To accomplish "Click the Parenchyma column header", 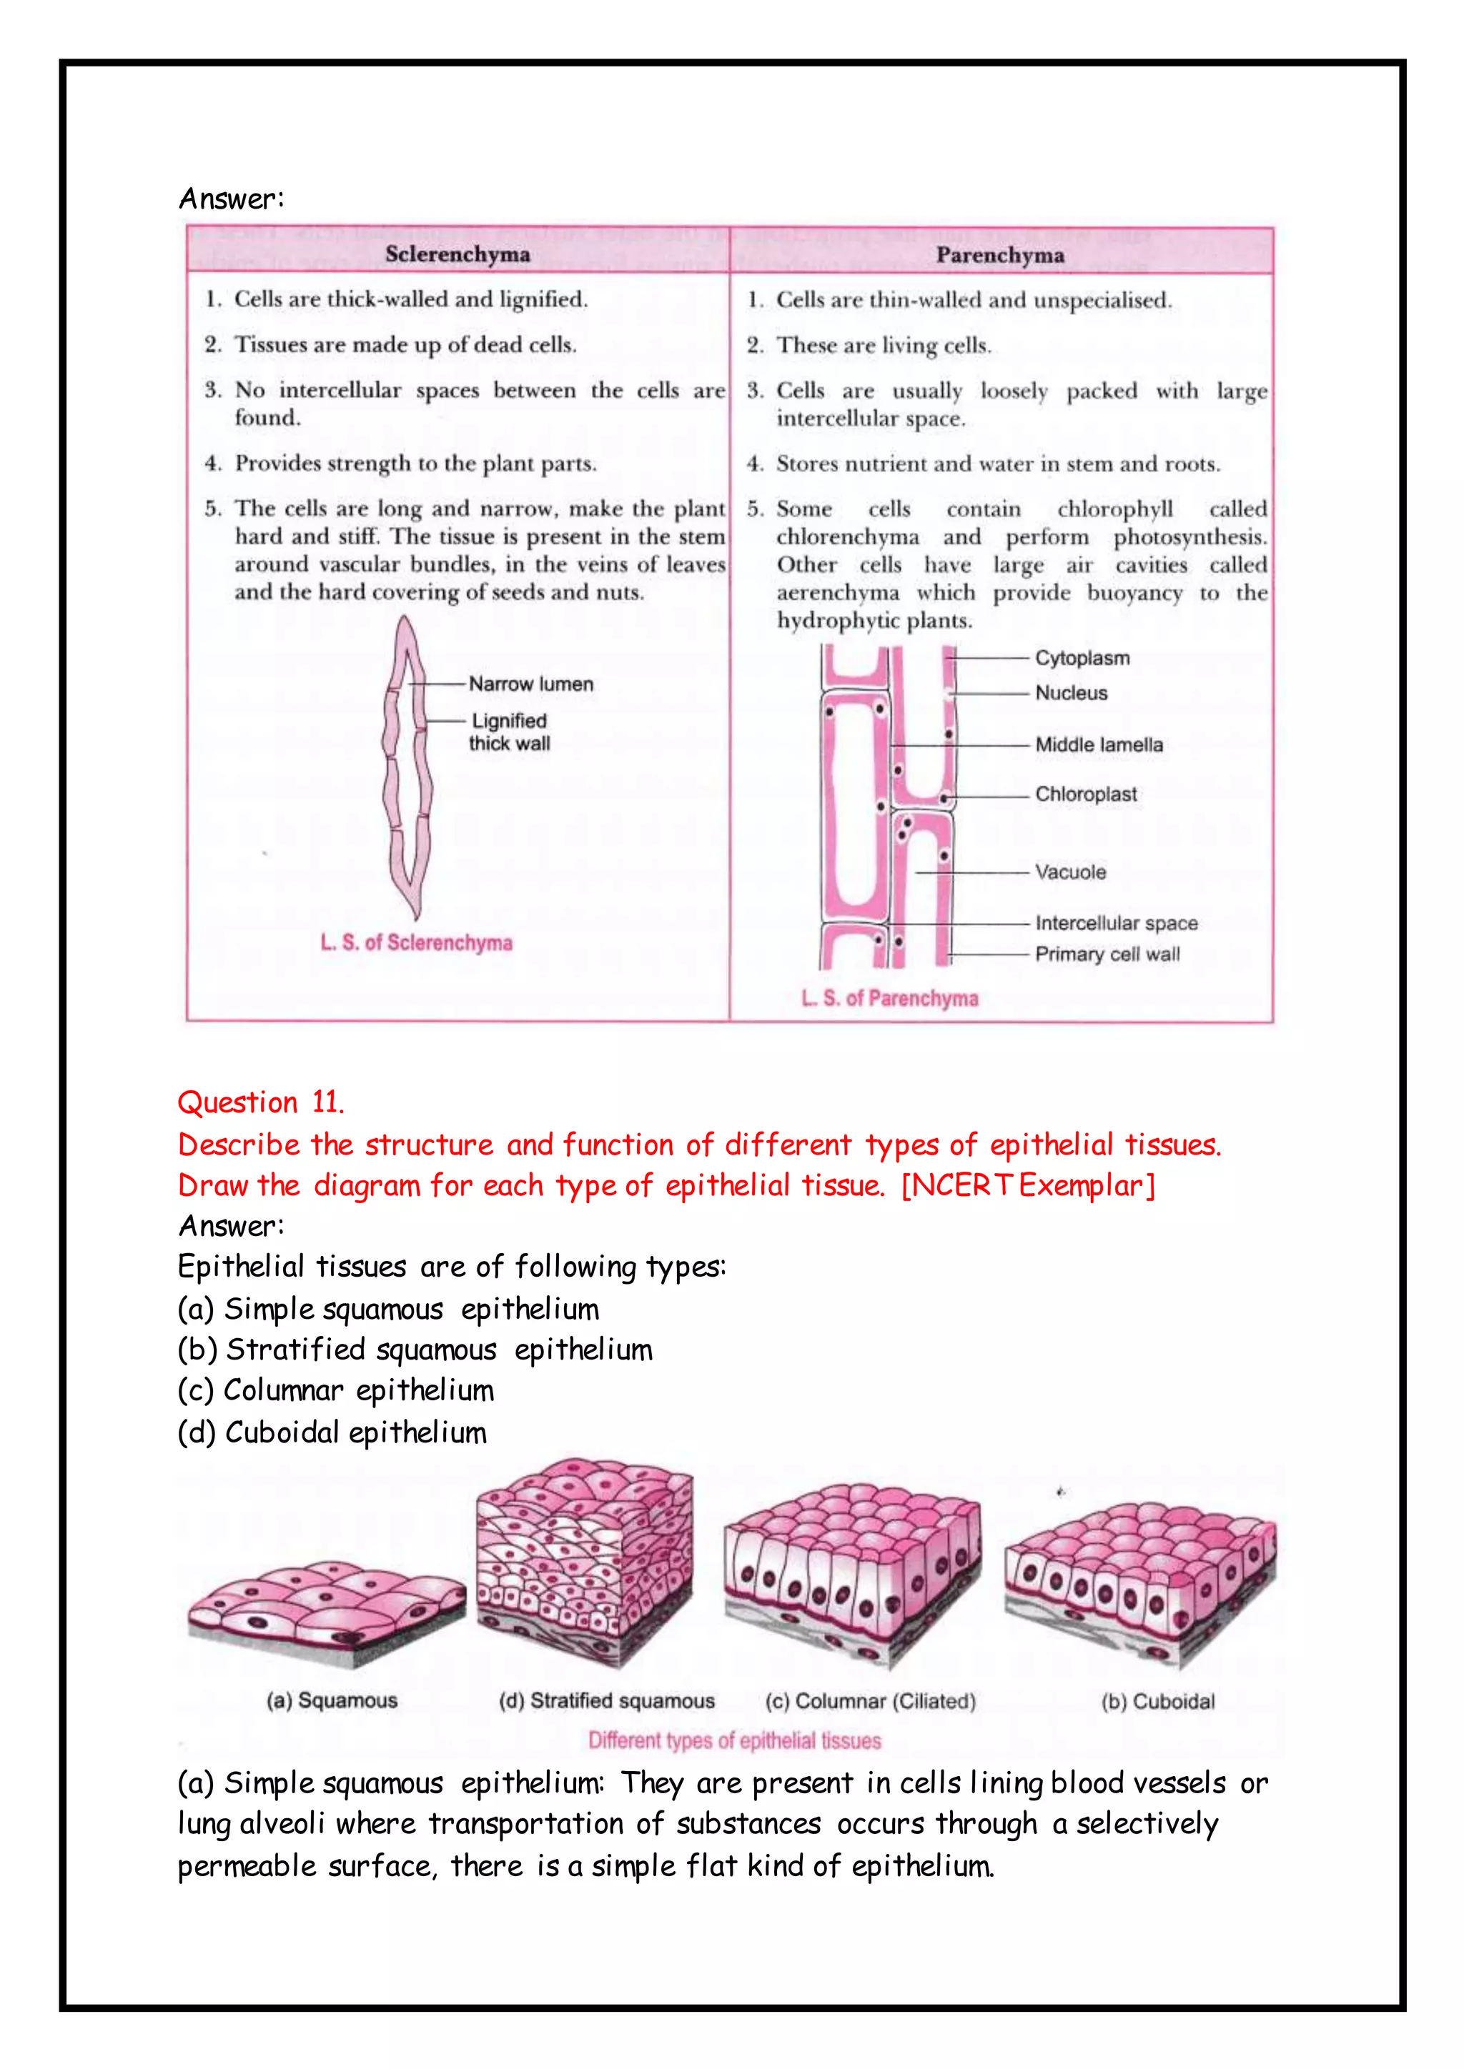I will coord(1000,255).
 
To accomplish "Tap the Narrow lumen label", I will coord(530,684).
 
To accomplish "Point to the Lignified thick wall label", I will coord(510,732).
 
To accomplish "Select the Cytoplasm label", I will coord(1082,658).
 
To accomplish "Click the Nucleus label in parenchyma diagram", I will coord(1071,693).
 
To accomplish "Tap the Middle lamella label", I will coord(1099,744).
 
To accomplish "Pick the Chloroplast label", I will coord(1085,794).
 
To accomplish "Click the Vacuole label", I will coord(1070,872).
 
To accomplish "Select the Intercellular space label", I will coord(1116,923).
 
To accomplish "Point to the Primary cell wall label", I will coord(1107,954).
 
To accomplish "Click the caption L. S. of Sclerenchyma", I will coord(417,942).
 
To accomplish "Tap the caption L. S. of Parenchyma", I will coord(890,999).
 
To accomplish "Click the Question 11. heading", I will coord(260,1102).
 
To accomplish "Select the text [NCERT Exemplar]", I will coord(1028,1185).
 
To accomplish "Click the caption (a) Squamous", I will coord(332,1700).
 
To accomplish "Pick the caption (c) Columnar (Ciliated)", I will coord(870,1701).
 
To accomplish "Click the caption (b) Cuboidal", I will coord(1157,1701).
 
